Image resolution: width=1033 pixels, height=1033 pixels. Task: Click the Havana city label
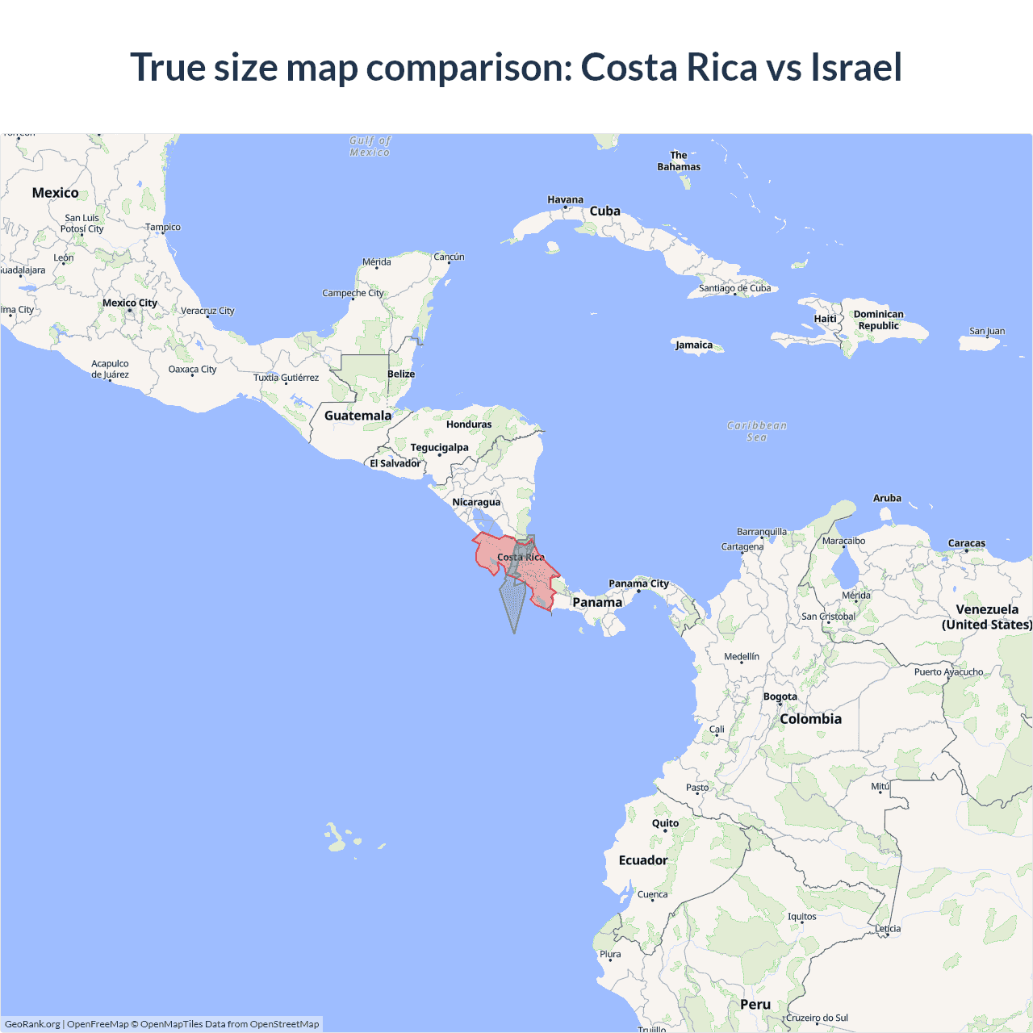(x=565, y=199)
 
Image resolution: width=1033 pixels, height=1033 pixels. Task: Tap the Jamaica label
(x=694, y=345)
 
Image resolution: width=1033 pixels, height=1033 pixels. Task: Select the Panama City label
(x=638, y=583)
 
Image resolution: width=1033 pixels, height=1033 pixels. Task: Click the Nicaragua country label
(x=476, y=502)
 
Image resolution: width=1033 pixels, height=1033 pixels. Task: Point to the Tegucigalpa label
(x=439, y=447)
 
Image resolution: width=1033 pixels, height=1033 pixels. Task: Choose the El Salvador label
(x=395, y=463)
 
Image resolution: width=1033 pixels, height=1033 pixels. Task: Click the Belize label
(x=401, y=374)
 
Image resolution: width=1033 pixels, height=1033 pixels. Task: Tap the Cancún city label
(x=449, y=257)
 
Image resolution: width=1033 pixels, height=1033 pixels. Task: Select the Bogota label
(x=780, y=696)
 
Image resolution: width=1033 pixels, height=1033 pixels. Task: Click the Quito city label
(x=665, y=823)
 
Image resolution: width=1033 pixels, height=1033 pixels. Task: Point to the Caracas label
(x=967, y=543)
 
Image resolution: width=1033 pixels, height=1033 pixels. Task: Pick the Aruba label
(x=887, y=498)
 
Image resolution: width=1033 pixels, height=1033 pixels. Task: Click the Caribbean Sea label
(x=756, y=431)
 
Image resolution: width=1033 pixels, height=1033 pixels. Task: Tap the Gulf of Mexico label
(x=370, y=146)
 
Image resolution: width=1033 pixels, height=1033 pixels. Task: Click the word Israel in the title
(x=856, y=67)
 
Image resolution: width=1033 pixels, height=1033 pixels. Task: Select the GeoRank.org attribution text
(x=32, y=1024)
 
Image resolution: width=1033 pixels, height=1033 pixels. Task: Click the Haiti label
(x=825, y=319)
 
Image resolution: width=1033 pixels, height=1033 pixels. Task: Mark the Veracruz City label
(x=207, y=311)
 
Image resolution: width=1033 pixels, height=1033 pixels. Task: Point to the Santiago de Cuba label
(x=734, y=288)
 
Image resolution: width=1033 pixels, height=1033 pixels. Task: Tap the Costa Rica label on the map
(x=521, y=557)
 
